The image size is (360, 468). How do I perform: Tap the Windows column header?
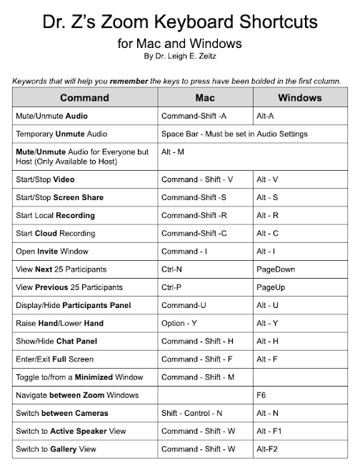pos(299,97)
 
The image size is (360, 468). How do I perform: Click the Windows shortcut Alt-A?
pos(266,115)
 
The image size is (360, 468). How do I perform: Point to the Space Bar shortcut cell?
pos(235,134)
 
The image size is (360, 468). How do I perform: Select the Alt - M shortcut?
pos(174,152)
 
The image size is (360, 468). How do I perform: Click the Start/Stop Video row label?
pos(46,179)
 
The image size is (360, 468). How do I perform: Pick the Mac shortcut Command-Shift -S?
pos(194,197)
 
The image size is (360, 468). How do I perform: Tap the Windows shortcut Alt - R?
pos(267,215)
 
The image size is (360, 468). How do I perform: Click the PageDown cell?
pos(276,269)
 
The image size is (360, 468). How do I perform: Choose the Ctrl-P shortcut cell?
pos(172,287)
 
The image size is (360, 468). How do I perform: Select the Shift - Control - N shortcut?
pos(192,413)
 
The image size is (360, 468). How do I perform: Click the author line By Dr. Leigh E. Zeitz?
pos(179,56)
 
